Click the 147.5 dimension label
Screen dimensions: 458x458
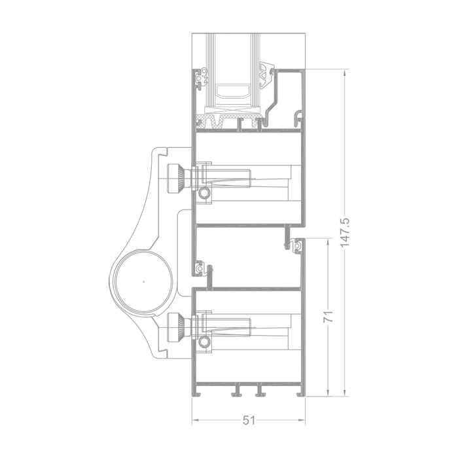(345, 233)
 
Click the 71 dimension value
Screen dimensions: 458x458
(328, 317)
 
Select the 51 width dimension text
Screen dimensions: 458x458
(249, 421)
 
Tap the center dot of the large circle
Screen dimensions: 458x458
(143, 282)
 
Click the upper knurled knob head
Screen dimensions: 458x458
(175, 179)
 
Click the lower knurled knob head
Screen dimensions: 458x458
(175, 327)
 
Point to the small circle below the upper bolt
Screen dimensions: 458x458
(204, 193)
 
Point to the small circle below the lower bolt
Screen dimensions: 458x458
(204, 342)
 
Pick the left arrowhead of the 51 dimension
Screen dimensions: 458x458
(195, 420)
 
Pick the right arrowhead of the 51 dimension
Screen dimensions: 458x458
(302, 420)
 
